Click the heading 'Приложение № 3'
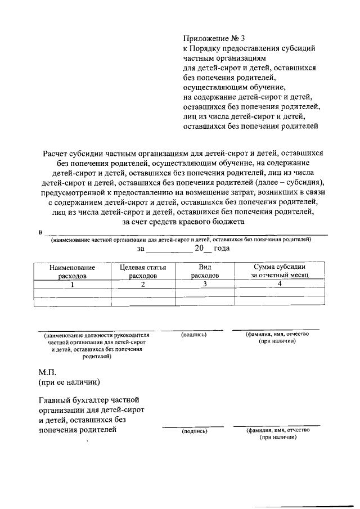coord(214,39)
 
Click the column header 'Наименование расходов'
coord(72,272)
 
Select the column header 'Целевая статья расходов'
coord(143,272)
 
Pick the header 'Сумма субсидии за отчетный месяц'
coord(279,272)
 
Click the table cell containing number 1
coord(72,285)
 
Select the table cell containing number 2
coord(143,285)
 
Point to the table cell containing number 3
coord(205,284)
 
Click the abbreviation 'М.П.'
coord(48,372)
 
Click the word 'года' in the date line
coord(222,248)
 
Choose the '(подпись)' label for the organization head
coord(194,335)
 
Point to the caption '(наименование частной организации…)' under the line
coord(180,240)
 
